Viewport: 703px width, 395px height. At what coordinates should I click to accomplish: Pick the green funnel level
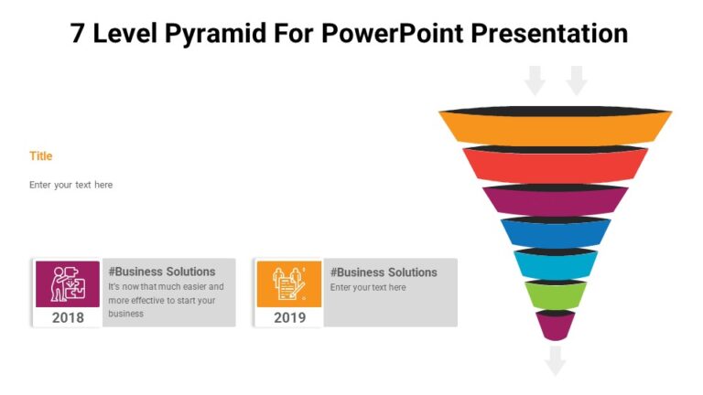(555, 295)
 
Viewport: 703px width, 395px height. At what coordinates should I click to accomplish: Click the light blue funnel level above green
(555, 265)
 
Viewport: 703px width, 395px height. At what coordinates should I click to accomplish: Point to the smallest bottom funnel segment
(555, 326)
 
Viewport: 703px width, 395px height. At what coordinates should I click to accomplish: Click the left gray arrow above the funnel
(535, 80)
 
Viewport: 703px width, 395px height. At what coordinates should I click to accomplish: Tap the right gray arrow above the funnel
(577, 80)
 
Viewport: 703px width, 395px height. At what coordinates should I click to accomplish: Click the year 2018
(68, 317)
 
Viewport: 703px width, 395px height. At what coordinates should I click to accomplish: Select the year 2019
(289, 317)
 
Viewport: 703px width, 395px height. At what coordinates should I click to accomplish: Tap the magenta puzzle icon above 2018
(68, 283)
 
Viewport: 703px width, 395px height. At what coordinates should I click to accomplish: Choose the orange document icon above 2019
(289, 283)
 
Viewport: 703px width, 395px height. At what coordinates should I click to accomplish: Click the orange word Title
(41, 156)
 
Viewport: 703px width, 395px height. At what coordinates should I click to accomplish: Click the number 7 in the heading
(79, 34)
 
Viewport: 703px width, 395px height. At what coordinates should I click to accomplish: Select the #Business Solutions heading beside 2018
(162, 272)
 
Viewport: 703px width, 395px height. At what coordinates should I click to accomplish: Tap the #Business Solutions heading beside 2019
(384, 272)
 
